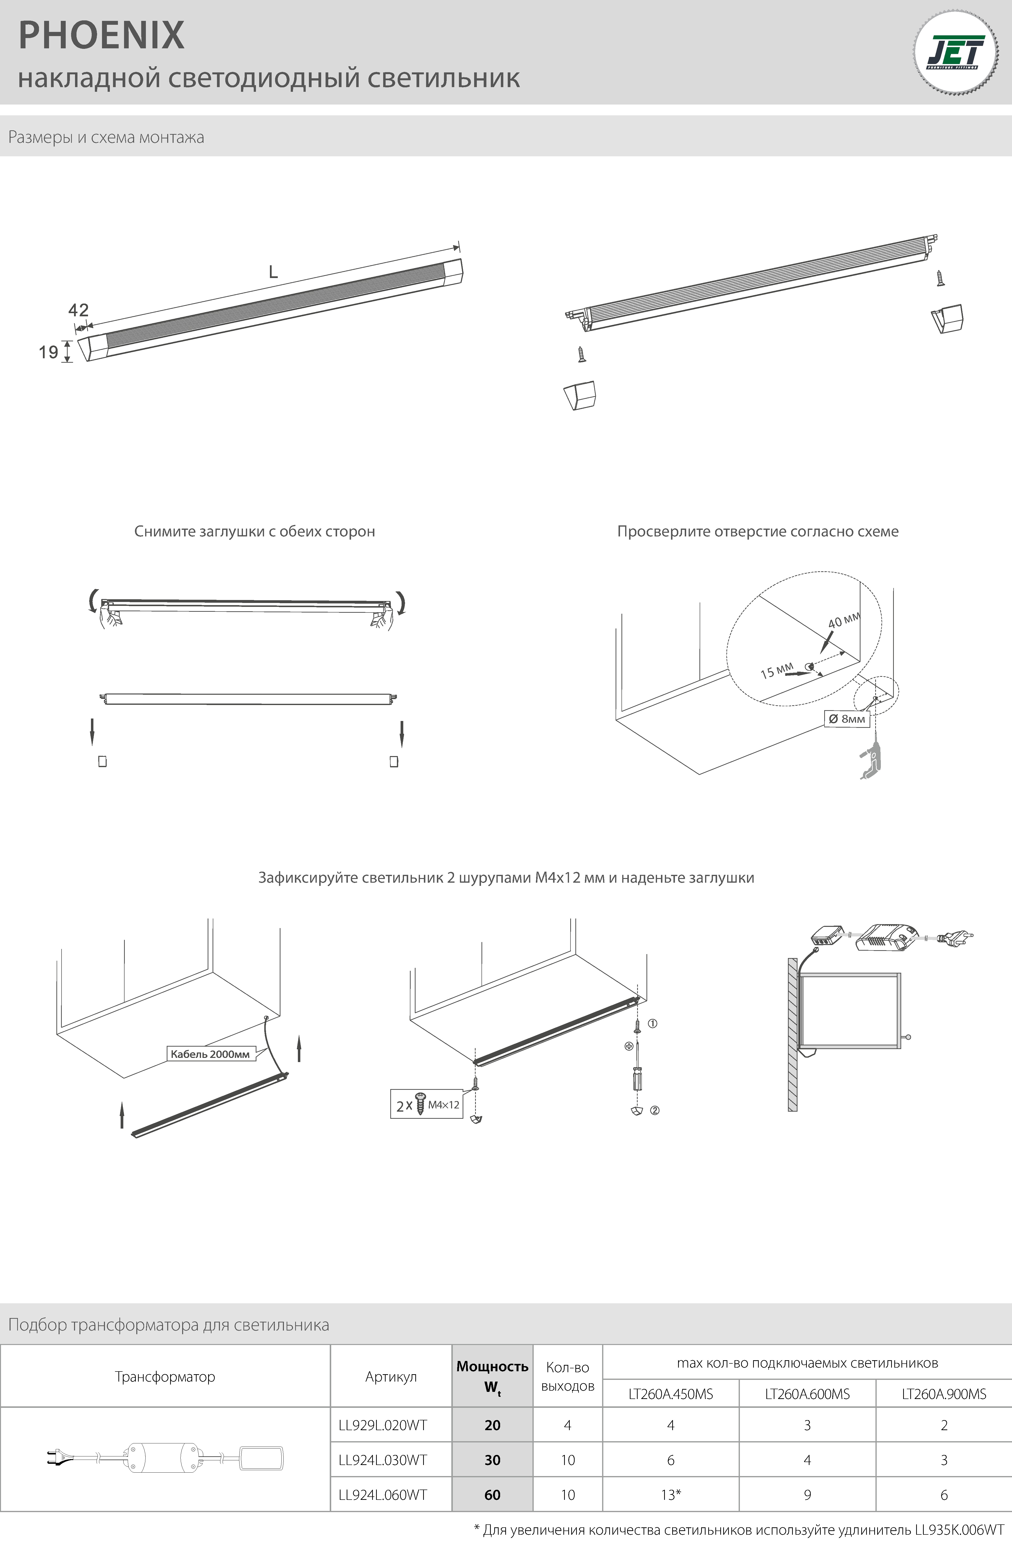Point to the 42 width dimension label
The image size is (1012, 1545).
click(78, 310)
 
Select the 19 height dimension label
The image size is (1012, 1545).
click(49, 352)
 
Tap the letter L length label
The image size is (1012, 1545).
click(273, 272)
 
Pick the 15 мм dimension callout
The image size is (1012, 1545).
click(776, 671)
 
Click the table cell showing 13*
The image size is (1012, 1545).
click(671, 1494)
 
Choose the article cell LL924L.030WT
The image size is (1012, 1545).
click(383, 1460)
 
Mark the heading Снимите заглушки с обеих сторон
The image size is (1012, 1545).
click(254, 531)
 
